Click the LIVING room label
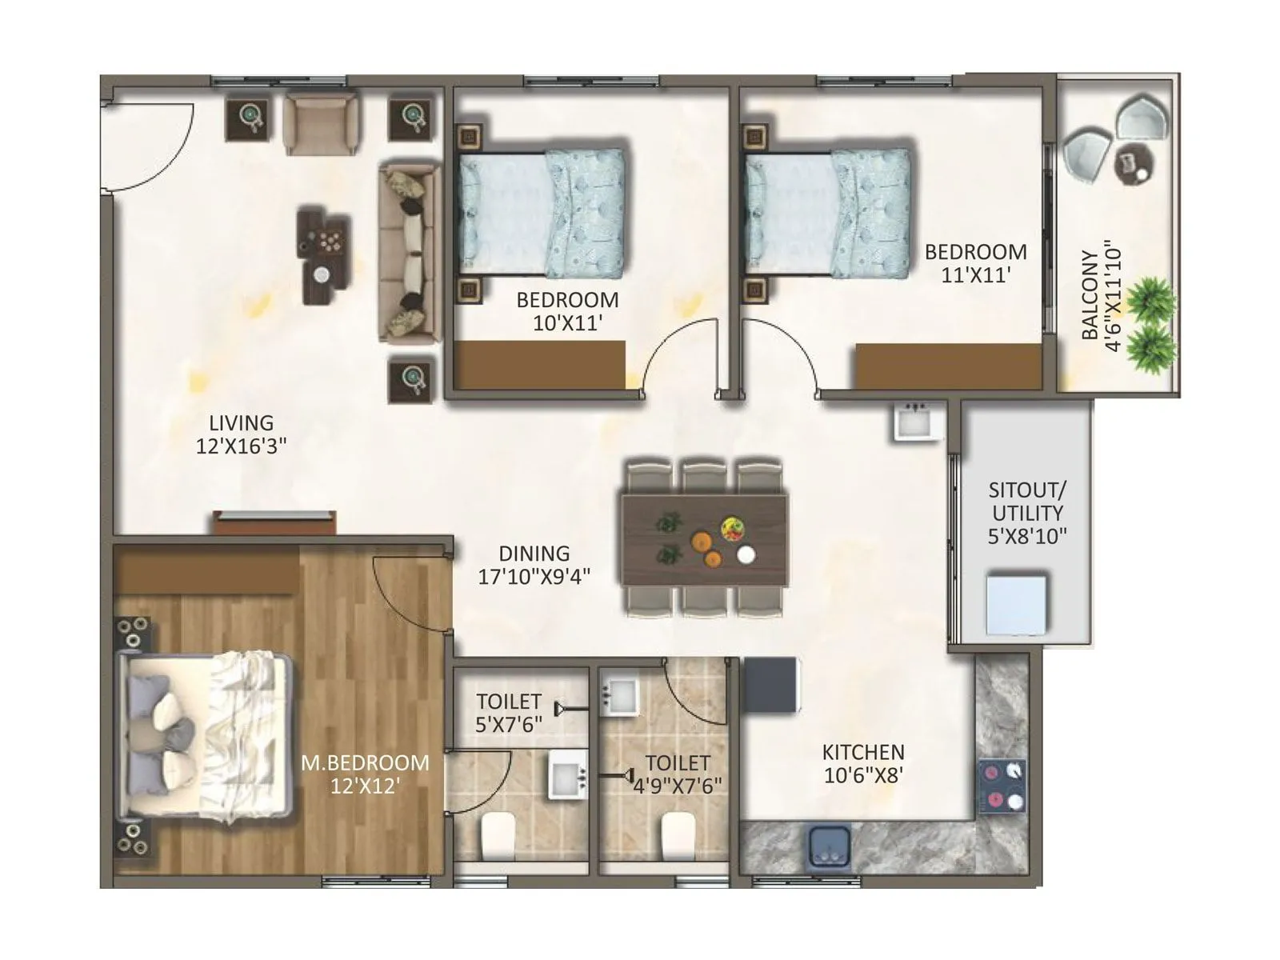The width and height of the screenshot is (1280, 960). click(241, 422)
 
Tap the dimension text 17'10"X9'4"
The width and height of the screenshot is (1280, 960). click(534, 576)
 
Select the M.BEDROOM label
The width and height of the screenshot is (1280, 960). click(365, 762)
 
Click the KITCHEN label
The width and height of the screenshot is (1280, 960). click(863, 752)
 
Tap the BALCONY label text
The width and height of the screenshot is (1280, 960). click(1090, 295)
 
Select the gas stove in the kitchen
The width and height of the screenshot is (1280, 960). click(1002, 786)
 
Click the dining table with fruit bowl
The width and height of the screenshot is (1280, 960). click(704, 539)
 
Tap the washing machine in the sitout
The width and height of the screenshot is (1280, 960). click(1016, 604)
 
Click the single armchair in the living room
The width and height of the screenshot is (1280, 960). click(321, 124)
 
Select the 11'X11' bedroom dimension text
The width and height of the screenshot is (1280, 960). click(975, 275)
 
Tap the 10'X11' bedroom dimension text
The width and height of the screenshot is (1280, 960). click(567, 323)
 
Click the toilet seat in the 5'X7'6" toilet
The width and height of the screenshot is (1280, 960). click(498, 834)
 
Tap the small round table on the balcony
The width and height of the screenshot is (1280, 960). click(1134, 166)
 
